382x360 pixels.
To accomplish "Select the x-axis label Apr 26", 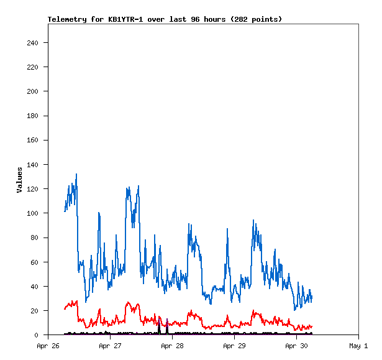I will coord(48,346).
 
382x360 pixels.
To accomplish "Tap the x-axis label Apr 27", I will coord(110,346).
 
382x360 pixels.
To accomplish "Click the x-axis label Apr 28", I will coord(172,346).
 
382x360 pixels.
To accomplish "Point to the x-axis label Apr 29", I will coord(234,346).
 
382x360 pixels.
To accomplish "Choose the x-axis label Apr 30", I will coord(296,346).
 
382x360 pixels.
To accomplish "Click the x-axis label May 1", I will coord(358,346).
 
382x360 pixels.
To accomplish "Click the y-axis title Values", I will coord(19,180).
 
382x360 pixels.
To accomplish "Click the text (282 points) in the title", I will coord(256,19).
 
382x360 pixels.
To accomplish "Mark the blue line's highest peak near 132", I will coord(76,174).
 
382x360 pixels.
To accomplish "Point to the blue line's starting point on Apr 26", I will coord(65,211).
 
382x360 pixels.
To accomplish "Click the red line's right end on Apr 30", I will coord(312,326).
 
